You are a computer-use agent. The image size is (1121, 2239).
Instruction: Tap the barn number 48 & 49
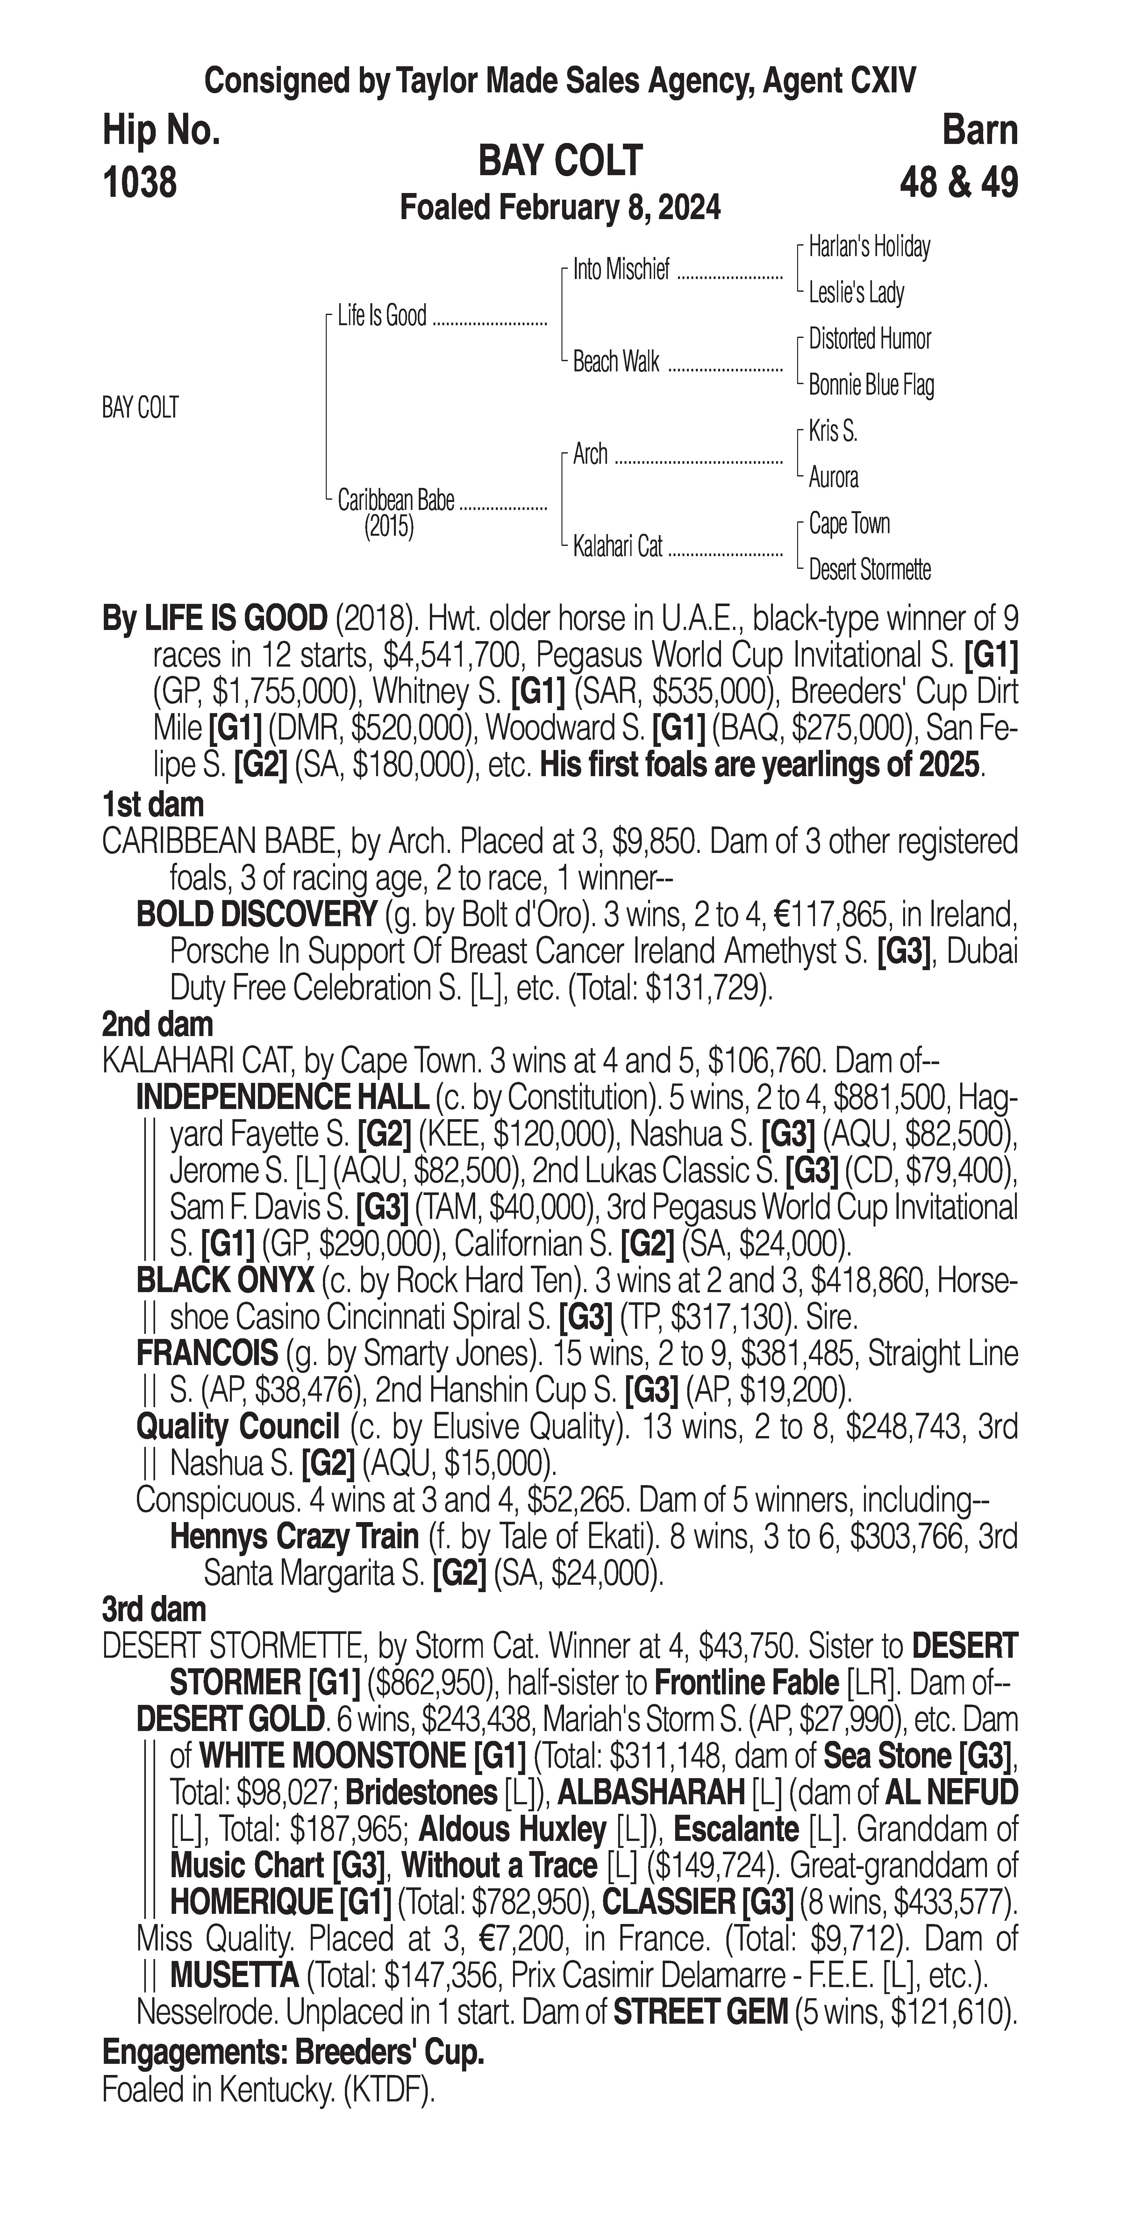click(x=959, y=182)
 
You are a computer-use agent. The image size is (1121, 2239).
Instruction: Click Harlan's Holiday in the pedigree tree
click(x=869, y=247)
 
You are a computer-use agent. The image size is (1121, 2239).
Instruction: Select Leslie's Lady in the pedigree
click(x=856, y=293)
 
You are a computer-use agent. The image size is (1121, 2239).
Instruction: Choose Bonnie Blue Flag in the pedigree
click(x=871, y=385)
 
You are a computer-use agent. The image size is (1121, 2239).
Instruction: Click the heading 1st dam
click(x=153, y=805)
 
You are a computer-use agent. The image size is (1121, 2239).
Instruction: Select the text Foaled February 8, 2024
click(x=560, y=209)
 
